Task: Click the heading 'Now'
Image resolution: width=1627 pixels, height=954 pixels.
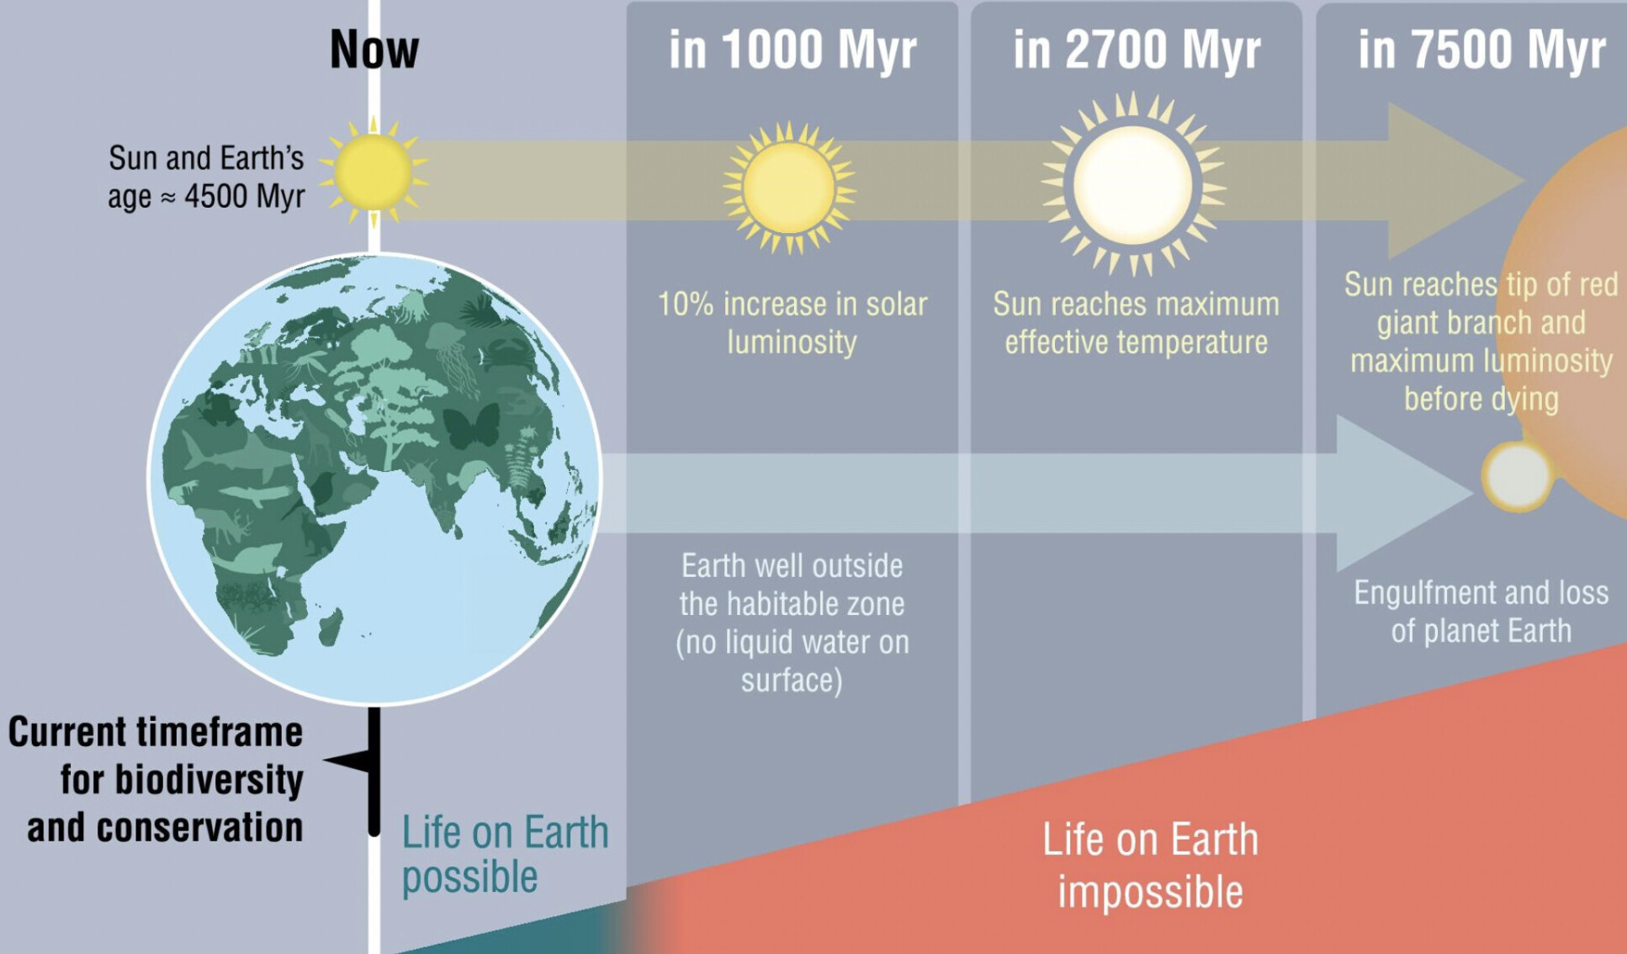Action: click(x=374, y=50)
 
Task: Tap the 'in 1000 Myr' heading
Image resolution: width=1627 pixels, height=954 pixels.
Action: click(x=792, y=50)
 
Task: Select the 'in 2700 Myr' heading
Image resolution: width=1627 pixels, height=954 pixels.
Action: click(x=1137, y=50)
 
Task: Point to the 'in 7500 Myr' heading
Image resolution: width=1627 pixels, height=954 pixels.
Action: click(x=1481, y=50)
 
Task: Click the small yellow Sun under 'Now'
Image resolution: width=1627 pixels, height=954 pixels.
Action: click(x=373, y=172)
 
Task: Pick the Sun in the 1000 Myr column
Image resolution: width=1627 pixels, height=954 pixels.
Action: click(x=789, y=188)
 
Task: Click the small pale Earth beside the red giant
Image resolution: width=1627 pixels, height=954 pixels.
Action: click(x=1517, y=475)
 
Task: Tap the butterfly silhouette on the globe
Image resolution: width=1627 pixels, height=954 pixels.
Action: click(x=471, y=425)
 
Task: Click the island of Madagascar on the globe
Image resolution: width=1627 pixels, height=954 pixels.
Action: click(x=331, y=627)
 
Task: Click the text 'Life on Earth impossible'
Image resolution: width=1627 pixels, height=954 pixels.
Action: click(x=1150, y=865)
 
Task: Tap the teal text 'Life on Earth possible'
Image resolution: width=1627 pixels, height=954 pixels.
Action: click(x=505, y=855)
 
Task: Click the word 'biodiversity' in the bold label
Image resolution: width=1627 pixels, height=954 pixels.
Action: click(x=209, y=781)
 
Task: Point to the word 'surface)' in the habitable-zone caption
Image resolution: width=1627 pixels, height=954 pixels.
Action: click(x=792, y=680)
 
